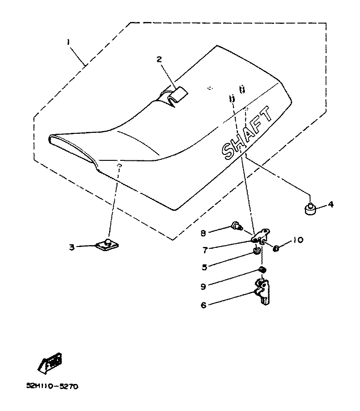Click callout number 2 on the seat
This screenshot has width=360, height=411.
[x=159, y=59]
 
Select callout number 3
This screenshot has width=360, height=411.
[x=72, y=247]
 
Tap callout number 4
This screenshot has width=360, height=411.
[x=331, y=205]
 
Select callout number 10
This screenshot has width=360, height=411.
[x=297, y=240]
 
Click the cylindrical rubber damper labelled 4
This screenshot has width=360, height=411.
[x=310, y=209]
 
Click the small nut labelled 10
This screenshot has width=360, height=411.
[x=277, y=248]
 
